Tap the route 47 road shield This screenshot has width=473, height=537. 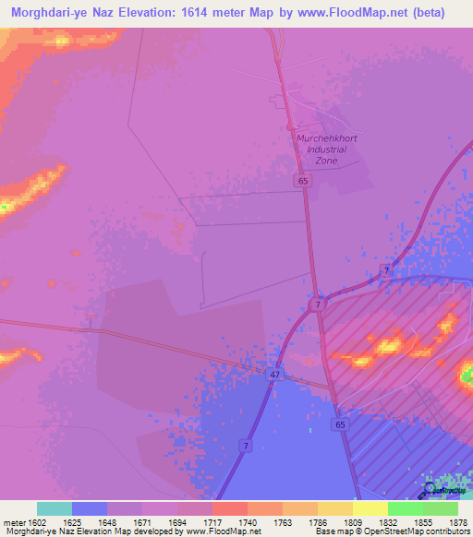pos(274,374)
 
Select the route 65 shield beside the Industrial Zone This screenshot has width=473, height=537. pos(303,182)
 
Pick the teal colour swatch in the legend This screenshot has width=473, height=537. pos(55,508)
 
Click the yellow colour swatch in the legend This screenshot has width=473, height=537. pos(370,508)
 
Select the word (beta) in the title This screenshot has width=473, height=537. pos(427,13)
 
